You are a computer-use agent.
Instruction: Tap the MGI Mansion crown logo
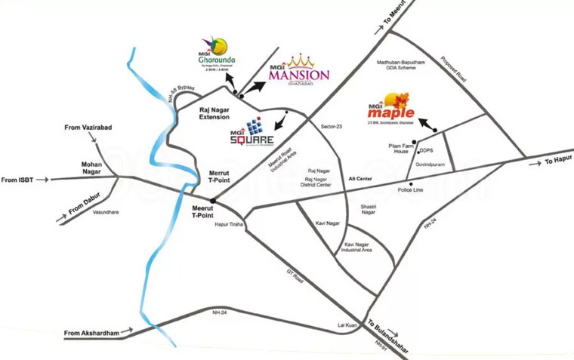[298, 69]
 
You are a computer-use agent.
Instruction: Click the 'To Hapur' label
[558, 162]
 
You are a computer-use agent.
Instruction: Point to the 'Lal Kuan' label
[347, 325]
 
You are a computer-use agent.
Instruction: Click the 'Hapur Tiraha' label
[227, 225]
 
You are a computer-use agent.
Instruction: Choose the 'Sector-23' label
[332, 126]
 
